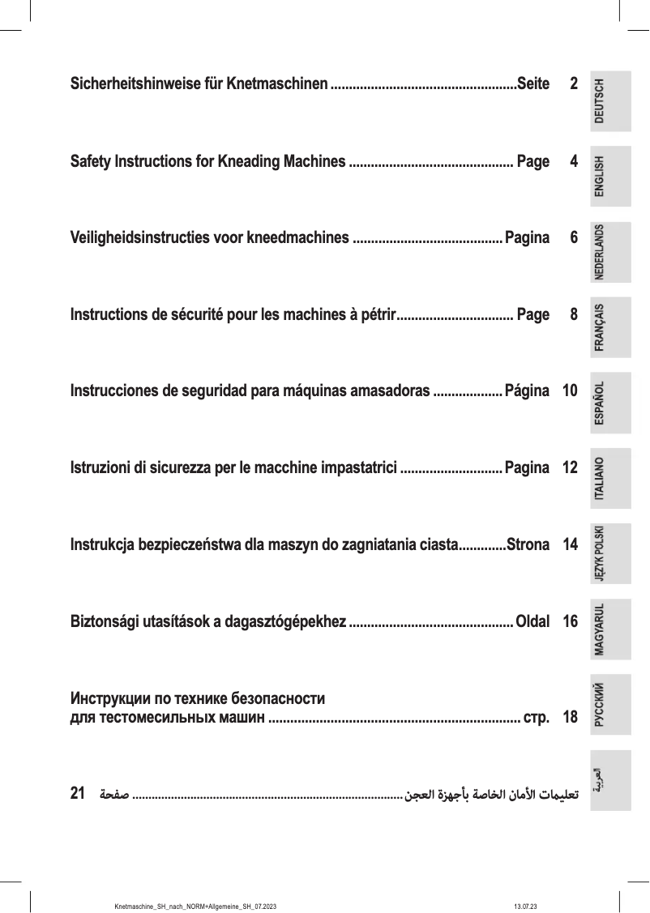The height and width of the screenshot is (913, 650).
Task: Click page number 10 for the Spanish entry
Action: pyautogui.click(x=570, y=390)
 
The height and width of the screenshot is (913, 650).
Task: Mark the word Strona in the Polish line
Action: pyautogui.click(x=528, y=543)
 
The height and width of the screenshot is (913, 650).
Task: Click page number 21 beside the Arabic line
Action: pyautogui.click(x=79, y=792)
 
